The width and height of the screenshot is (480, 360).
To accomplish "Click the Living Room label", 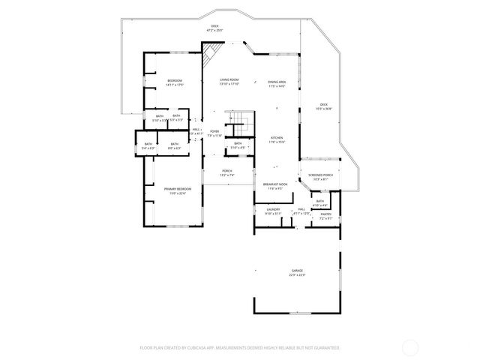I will click(229, 79).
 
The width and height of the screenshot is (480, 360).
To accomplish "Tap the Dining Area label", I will click(277, 82).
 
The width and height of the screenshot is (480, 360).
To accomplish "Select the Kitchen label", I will click(276, 138).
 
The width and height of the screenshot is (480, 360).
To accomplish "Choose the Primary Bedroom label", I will click(178, 189).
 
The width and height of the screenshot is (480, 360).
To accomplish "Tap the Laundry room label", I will click(273, 209).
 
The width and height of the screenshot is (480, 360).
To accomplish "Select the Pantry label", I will click(326, 214).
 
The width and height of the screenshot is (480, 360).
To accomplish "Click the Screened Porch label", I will click(320, 175).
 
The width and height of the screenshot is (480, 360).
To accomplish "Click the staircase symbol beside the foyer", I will click(239, 121).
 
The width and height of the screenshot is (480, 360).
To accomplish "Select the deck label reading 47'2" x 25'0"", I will click(214, 27).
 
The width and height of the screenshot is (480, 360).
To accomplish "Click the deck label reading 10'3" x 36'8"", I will click(324, 105).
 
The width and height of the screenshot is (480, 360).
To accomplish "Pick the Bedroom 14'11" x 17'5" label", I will click(174, 80).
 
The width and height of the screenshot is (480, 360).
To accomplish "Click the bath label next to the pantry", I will click(320, 201).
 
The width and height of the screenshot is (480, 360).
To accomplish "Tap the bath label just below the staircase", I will click(238, 143).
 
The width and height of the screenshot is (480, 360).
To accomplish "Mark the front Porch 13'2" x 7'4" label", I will click(226, 171).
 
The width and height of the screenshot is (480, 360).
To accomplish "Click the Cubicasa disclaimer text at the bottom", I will click(239, 348).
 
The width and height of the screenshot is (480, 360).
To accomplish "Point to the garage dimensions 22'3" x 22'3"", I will click(298, 274).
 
